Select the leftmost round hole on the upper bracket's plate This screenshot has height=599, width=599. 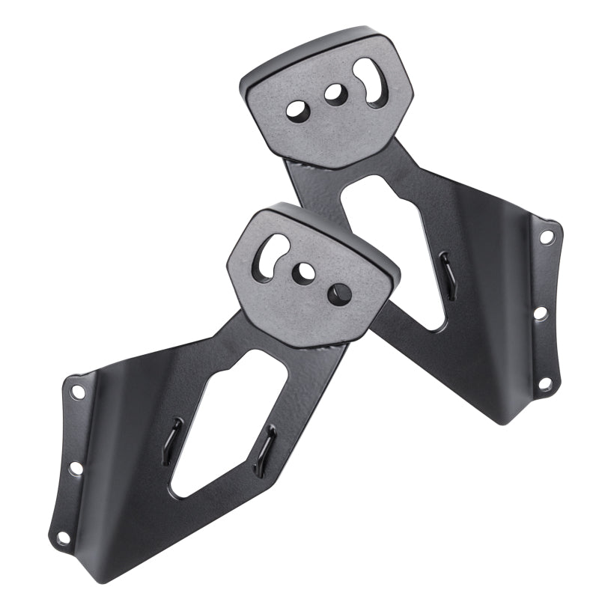click(297, 109)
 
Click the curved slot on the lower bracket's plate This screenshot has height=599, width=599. click(270, 256)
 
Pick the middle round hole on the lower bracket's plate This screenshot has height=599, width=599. click(304, 270)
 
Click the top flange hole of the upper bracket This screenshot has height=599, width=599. click(547, 237)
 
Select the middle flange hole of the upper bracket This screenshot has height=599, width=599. click(541, 313)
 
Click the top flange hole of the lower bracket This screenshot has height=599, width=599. click(77, 391)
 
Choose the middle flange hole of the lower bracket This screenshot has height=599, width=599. click(76, 468)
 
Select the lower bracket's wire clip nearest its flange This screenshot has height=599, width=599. click(174, 440)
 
